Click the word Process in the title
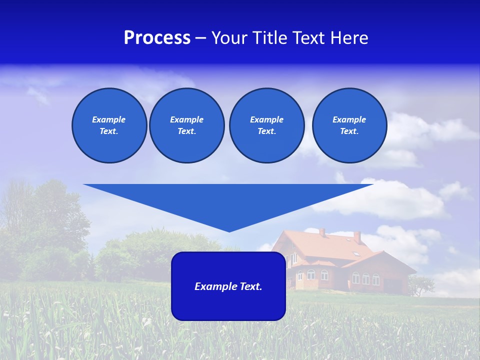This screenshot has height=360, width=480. tap(157, 38)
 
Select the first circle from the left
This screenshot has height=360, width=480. tap(109, 125)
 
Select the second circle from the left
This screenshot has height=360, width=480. tap(186, 125)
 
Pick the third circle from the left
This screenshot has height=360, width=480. tap(266, 125)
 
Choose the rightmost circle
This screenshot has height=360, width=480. tap(349, 125)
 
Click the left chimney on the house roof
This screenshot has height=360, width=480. tap(322, 232)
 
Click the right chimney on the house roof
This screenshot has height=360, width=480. tap(357, 236)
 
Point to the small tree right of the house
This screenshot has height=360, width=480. tap(420, 285)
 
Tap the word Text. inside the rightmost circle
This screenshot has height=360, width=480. tap(349, 131)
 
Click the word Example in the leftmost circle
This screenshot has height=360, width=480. tap(109, 119)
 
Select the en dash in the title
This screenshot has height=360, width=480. tap(200, 38)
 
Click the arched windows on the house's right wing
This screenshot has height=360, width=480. tap(365, 278)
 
